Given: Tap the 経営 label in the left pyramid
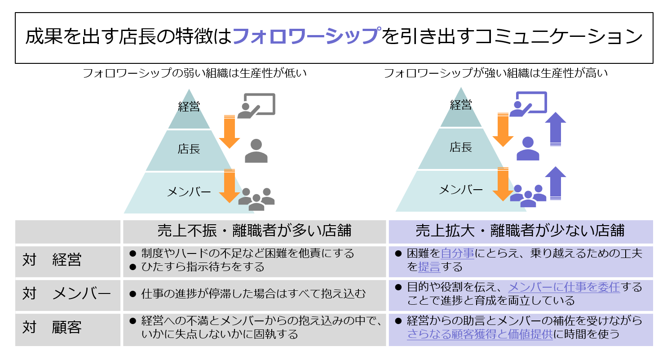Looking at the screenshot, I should click(x=189, y=107).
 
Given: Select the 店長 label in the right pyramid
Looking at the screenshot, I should click(x=461, y=147).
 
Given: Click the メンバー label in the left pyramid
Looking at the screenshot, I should click(x=189, y=192).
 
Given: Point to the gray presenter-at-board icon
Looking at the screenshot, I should click(x=256, y=106).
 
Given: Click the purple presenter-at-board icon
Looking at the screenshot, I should click(x=528, y=104).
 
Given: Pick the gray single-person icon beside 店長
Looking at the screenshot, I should click(x=256, y=151).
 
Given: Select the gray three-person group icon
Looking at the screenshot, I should click(x=256, y=198).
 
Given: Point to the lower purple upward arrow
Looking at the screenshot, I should click(x=556, y=183).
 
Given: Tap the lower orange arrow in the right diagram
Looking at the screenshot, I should click(x=503, y=184).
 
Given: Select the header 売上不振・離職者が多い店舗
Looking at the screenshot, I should click(x=254, y=231).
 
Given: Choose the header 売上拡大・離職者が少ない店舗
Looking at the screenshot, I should click(x=520, y=231).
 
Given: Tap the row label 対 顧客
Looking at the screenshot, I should click(x=52, y=328).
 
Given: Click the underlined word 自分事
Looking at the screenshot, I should click(x=457, y=253).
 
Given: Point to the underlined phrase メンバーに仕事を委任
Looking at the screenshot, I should click(x=564, y=287).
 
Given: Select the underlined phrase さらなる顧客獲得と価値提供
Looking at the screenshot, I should click(x=480, y=334).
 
